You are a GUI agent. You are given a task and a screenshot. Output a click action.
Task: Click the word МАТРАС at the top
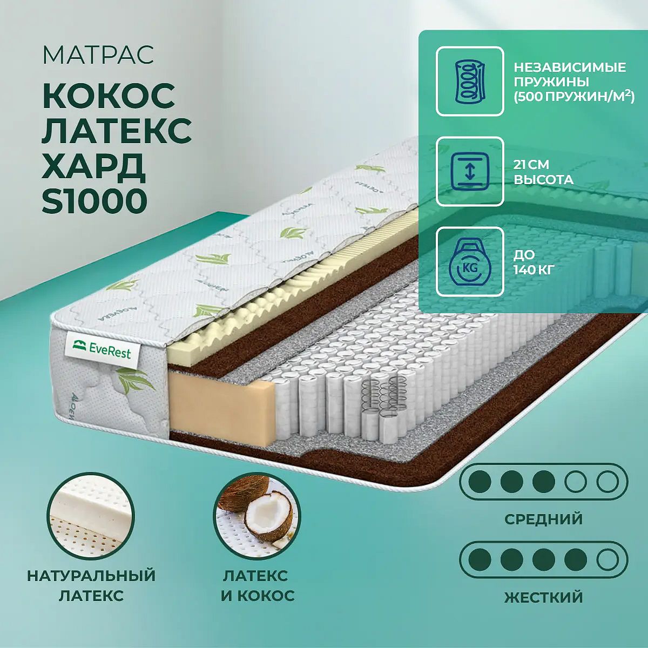click(98, 55)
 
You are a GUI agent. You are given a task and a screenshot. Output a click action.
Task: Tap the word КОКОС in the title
click(109, 95)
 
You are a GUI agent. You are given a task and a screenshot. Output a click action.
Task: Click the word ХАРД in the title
click(93, 166)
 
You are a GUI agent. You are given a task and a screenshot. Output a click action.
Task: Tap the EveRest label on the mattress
click(102, 353)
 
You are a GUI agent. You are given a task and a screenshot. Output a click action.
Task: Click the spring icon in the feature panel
click(470, 82)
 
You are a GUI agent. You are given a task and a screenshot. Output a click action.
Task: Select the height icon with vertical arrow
click(470, 172)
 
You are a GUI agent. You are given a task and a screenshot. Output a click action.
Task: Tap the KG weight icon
click(470, 261)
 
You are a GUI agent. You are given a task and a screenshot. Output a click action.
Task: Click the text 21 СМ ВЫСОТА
click(543, 172)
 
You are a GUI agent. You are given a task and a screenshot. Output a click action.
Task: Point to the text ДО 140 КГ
click(533, 262)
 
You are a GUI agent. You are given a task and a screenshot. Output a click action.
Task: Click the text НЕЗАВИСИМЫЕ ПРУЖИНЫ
click(570, 75)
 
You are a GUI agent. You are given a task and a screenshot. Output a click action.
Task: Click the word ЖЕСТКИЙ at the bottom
click(543, 597)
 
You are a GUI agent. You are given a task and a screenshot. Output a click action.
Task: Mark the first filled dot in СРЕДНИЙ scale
click(480, 482)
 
